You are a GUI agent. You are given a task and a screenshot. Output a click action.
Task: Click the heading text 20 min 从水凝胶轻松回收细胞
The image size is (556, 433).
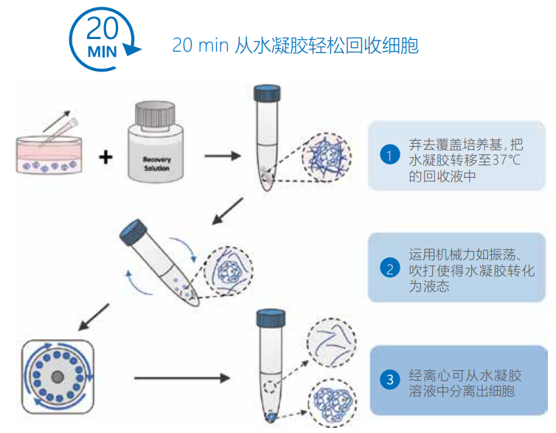click(x=295, y=45)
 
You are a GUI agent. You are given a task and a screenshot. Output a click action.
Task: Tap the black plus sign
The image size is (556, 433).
click(x=107, y=156)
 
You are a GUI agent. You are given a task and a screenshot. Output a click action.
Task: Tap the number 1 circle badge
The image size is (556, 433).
click(x=389, y=156)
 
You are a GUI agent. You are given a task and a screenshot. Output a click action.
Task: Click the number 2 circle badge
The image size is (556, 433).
click(x=389, y=268)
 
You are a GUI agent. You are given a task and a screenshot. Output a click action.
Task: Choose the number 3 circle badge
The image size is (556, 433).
click(x=389, y=381)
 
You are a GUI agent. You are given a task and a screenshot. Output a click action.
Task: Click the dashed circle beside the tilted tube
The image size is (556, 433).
click(x=229, y=269)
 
